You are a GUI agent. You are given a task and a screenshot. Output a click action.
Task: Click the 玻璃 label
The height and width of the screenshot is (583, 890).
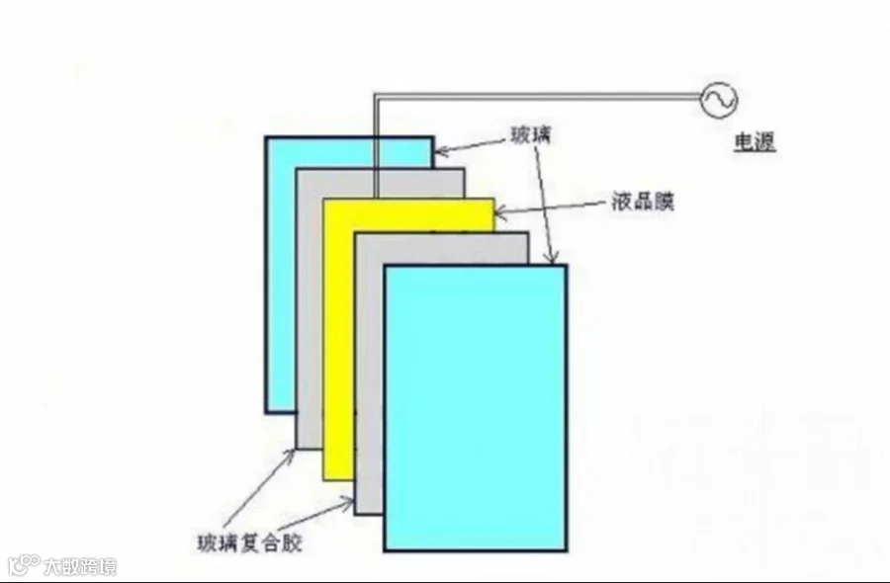click(531, 136)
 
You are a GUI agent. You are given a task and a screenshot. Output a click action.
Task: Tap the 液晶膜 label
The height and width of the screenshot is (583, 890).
click(643, 202)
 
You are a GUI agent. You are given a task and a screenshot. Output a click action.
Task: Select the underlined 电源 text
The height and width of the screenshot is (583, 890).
click(755, 141)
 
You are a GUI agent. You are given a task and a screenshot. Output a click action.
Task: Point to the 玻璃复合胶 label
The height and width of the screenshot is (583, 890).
click(249, 542)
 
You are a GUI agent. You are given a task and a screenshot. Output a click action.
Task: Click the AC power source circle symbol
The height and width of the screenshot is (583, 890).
click(719, 100)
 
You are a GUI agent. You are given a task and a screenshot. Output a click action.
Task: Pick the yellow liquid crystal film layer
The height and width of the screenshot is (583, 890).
click(339, 340)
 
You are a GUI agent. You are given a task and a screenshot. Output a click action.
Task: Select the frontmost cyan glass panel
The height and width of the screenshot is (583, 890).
click(475, 408)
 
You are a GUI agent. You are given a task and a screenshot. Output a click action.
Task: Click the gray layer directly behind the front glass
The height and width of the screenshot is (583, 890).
click(369, 375)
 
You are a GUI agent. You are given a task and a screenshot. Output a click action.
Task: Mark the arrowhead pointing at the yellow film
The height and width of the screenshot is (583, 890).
click(499, 213)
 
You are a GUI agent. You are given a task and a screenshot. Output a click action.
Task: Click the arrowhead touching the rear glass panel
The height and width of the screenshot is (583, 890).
click(440, 151)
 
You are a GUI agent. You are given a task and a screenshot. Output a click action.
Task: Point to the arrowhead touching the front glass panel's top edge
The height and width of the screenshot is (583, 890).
click(552, 258)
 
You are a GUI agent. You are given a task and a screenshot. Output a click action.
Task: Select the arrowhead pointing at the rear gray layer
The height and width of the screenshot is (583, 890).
click(290, 455)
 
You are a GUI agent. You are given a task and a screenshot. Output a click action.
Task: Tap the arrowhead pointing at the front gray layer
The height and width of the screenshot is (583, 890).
click(347, 501)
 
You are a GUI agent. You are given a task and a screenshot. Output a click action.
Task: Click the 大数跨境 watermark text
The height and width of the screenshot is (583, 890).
click(80, 566)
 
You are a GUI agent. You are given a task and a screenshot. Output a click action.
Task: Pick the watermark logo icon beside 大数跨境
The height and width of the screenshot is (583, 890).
click(24, 565)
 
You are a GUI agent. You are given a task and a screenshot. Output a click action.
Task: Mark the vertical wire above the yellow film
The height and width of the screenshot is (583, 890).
click(376, 146)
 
